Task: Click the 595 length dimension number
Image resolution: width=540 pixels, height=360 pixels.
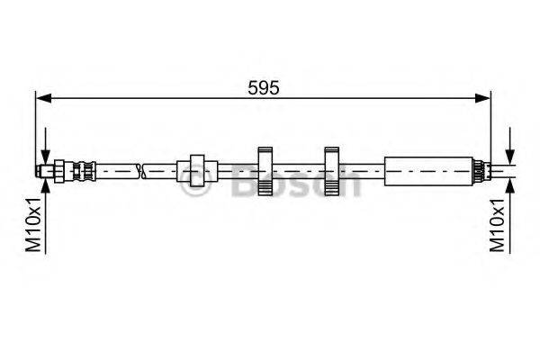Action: point(264,88)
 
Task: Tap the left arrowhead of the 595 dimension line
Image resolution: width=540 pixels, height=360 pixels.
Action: point(44,98)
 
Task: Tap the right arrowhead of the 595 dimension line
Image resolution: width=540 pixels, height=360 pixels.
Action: point(482,98)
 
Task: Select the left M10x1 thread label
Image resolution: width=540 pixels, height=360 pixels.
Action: point(34,225)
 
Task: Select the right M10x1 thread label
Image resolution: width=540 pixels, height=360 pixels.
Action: point(498,225)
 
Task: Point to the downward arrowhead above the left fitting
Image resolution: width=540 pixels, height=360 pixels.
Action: point(46,157)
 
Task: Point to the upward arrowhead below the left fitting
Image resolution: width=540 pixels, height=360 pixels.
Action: point(46,185)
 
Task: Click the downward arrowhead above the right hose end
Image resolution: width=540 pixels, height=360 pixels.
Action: point(510,157)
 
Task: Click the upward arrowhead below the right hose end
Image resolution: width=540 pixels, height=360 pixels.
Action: point(510,186)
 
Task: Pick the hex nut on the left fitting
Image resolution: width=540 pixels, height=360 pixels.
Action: point(58,171)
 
